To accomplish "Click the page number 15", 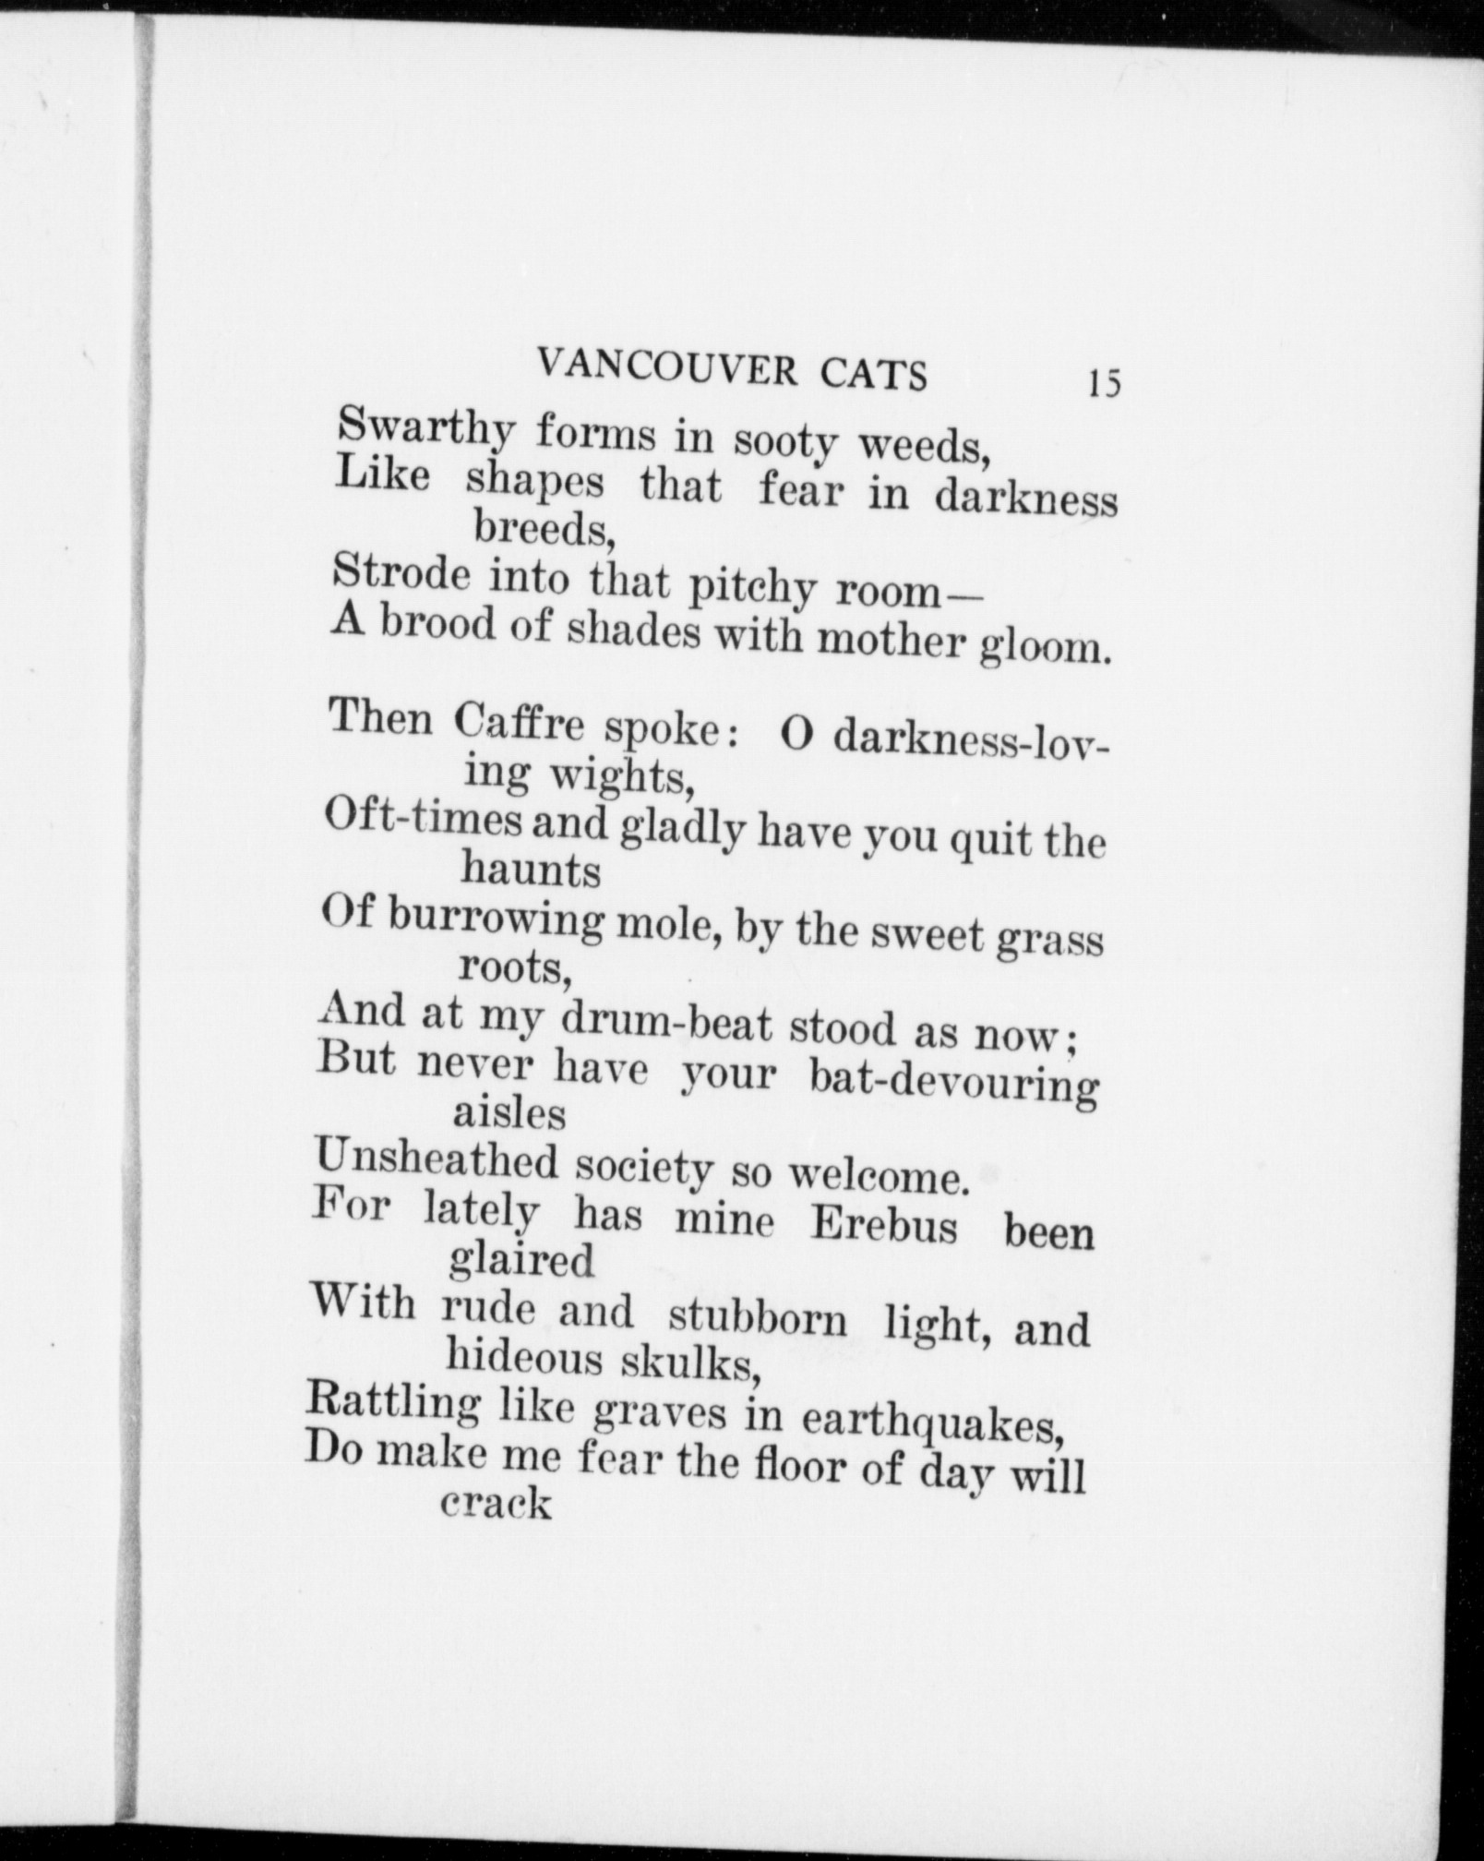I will click(1104, 382).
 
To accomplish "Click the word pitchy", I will click(756, 588).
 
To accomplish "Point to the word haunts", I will click(531, 870).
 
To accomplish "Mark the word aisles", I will click(509, 1114).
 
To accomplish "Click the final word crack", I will click(497, 1505).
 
